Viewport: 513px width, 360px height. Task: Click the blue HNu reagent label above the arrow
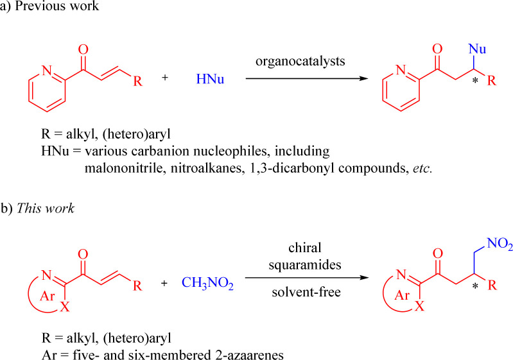[x=210, y=80]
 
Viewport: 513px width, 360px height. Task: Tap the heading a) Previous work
[x=46, y=9]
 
